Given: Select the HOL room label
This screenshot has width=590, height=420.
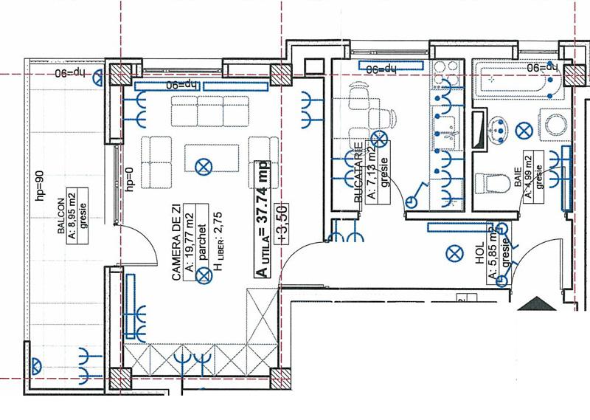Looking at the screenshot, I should pyautogui.click(x=480, y=258).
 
